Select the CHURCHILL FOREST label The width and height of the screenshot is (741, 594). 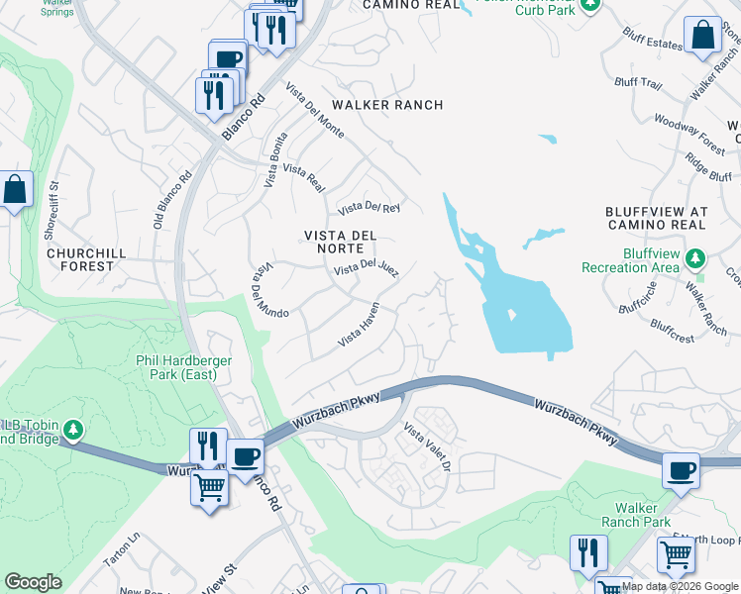(x=86, y=259)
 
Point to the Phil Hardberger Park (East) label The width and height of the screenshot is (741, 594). (x=184, y=368)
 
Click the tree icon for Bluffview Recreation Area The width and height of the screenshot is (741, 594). (x=696, y=259)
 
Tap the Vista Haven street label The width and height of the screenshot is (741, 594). (x=359, y=325)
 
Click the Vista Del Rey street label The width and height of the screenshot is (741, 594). (x=369, y=208)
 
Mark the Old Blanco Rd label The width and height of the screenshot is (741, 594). (x=171, y=202)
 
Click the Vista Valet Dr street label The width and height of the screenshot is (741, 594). (x=427, y=446)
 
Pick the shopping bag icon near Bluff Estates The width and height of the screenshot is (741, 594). (x=702, y=36)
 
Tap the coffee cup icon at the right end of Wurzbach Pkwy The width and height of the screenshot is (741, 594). (x=680, y=470)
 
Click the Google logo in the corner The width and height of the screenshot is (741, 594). (x=33, y=581)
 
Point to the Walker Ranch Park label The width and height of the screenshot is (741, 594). (x=636, y=515)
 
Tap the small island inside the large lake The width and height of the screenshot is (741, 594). (x=511, y=315)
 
